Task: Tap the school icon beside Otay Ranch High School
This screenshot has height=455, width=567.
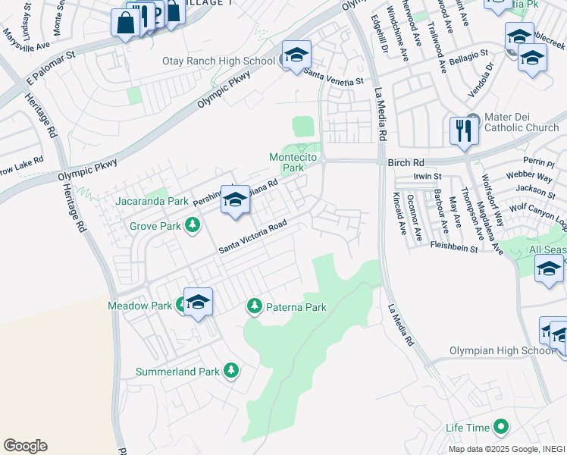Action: [x=296, y=55]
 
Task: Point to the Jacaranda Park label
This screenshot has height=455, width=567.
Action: [x=152, y=202]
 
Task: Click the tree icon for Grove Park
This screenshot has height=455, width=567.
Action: [x=193, y=225]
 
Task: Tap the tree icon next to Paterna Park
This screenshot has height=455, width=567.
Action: [x=255, y=307]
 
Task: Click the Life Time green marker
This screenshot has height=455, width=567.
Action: [x=500, y=428]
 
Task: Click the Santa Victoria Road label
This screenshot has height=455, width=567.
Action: [x=253, y=238]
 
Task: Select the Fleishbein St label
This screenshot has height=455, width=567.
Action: [x=452, y=248]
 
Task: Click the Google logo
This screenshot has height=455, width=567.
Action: [x=25, y=446]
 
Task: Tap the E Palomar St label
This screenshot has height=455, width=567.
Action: [x=52, y=68]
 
